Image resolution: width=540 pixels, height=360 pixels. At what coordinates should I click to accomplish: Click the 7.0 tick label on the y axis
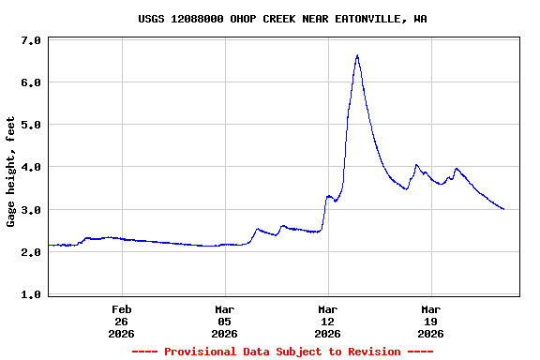tap(30, 40)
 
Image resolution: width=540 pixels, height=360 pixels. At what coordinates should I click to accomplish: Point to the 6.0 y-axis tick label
tap(30, 82)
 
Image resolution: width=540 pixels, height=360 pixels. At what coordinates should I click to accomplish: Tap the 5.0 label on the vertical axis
tap(30, 125)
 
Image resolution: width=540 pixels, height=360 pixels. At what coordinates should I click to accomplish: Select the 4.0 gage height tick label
tap(30, 167)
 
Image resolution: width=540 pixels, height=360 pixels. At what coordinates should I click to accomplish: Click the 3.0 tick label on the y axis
tap(30, 210)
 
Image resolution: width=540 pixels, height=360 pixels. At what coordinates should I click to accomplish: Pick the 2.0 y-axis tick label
tap(30, 252)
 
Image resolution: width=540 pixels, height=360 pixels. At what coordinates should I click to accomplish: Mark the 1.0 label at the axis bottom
tap(30, 294)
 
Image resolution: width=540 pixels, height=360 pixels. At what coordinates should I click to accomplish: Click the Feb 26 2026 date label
tap(122, 321)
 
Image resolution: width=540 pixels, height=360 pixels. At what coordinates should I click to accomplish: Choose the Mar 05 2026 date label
tap(225, 321)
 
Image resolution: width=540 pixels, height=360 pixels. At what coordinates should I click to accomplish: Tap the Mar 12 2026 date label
tap(328, 321)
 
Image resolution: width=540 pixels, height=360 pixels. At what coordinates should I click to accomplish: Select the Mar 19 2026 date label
tap(431, 321)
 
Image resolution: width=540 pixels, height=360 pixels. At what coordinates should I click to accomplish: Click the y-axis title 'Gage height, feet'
tap(11, 172)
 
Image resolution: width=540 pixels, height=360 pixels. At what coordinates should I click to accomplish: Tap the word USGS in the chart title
tap(152, 19)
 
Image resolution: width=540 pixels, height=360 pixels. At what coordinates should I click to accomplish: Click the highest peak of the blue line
tap(357, 55)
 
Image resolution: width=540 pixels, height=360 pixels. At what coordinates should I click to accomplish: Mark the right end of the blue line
tap(504, 209)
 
